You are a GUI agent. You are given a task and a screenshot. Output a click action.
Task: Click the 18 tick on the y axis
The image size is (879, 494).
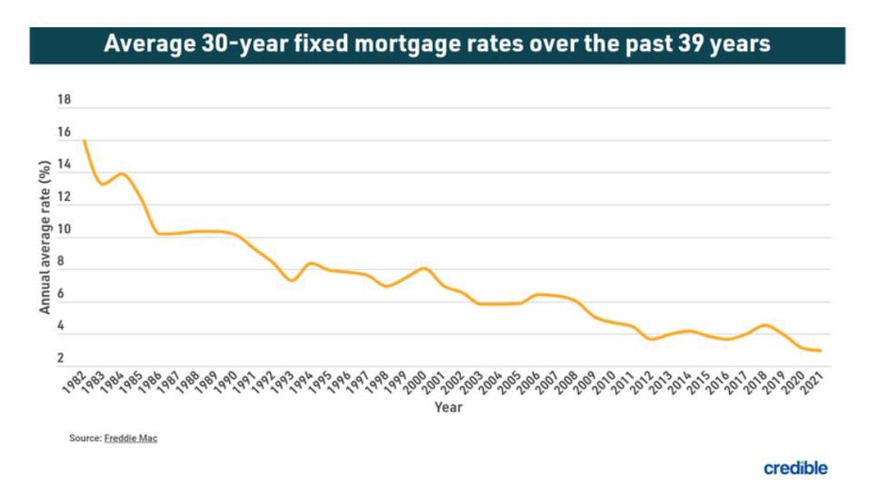(64, 100)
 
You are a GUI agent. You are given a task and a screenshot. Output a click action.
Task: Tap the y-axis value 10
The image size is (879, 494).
(64, 230)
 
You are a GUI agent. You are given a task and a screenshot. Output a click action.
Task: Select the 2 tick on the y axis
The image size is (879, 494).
(60, 358)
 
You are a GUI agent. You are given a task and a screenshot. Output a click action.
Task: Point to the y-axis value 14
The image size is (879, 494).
(64, 165)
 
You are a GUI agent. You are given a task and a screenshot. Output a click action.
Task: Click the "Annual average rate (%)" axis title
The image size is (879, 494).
(44, 236)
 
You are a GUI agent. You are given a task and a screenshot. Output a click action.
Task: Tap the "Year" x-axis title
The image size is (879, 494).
(448, 407)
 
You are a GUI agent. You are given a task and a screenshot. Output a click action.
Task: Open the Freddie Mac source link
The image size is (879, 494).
(131, 438)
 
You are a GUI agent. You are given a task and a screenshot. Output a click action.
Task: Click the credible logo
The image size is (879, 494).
(795, 468)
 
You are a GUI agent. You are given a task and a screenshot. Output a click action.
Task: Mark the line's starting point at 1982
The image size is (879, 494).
(85, 140)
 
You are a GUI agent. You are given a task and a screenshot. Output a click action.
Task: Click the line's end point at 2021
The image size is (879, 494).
(820, 351)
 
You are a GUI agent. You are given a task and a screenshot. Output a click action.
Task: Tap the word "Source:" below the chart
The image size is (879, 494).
(85, 438)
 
